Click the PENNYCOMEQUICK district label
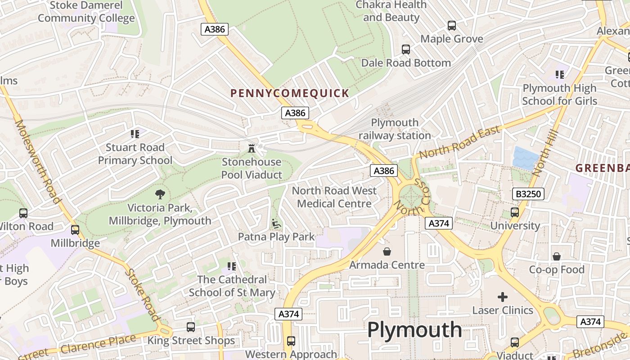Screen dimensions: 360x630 coord(289,94)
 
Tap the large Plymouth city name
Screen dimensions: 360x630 coord(414,329)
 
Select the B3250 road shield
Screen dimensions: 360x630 coord(528,194)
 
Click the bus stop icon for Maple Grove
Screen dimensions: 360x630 coord(451,26)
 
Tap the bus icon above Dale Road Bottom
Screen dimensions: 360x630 coord(405,49)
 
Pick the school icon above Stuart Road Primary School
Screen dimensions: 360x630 coord(135,134)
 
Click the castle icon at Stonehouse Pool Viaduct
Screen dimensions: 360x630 coord(252,148)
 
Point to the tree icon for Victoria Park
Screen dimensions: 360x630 coord(160,194)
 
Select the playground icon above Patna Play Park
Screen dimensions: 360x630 coord(276,223)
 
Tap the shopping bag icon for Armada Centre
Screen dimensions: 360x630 coord(387,251)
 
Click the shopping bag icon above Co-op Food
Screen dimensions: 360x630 coord(557,256)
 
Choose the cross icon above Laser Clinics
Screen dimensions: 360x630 coord(503,297)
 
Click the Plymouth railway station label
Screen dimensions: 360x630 coord(395,129)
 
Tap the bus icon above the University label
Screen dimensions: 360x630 coord(515,212)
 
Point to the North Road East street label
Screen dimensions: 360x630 coord(459,142)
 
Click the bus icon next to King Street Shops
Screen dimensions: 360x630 coord(191,327)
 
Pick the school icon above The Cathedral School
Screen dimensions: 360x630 coord(232,266)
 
